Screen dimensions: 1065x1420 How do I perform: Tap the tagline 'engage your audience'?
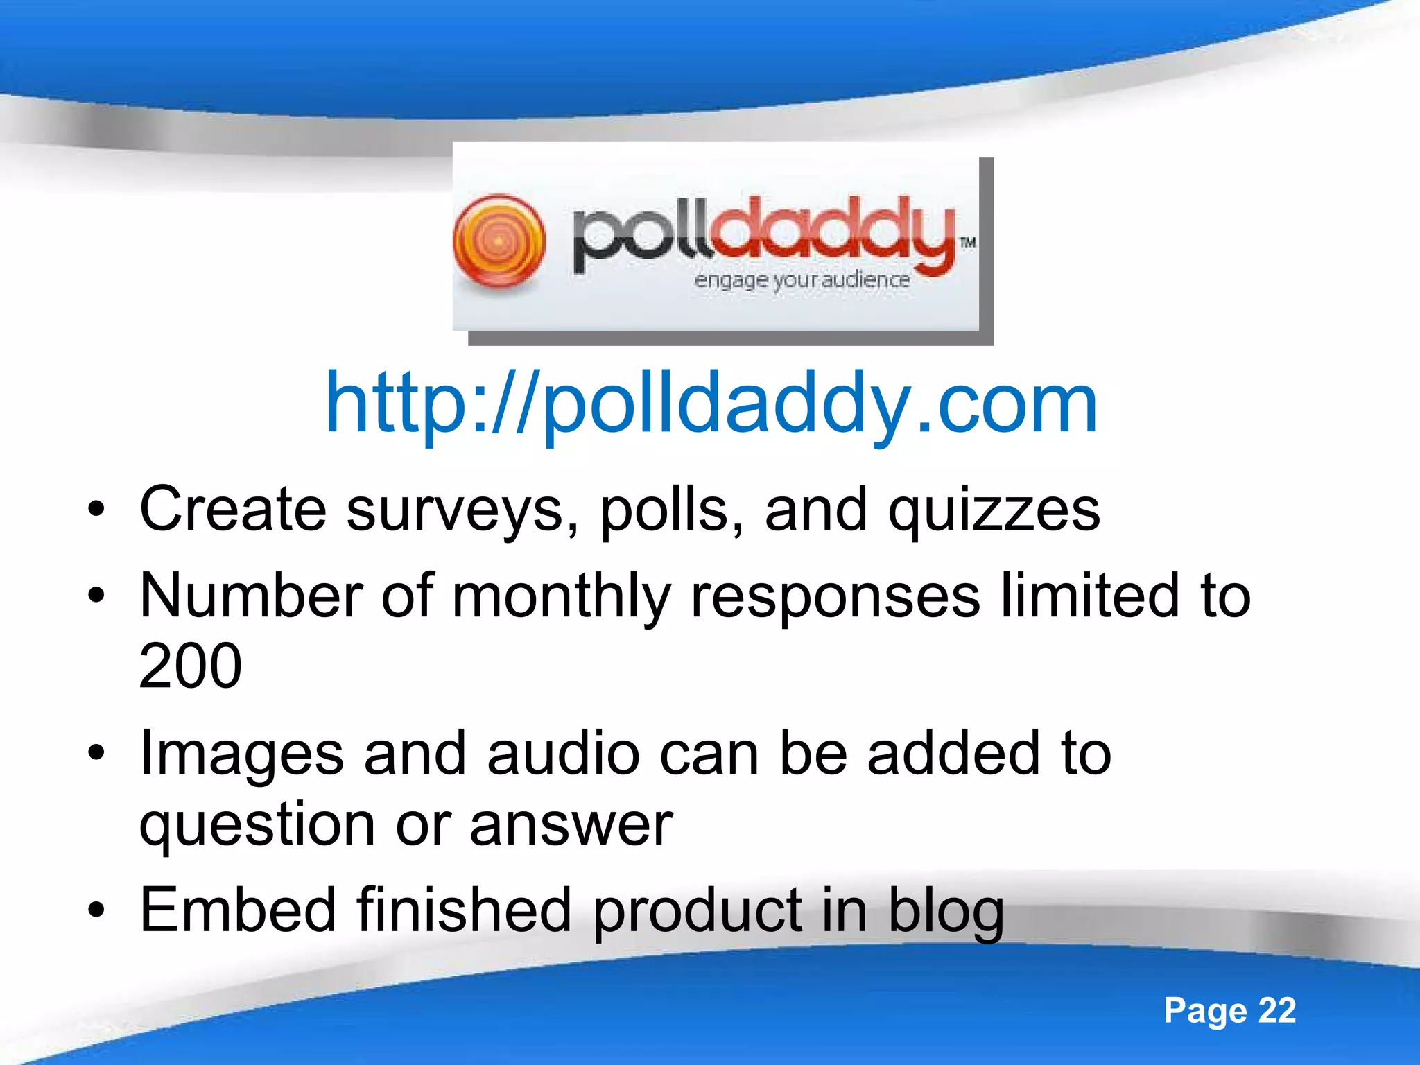point(802,279)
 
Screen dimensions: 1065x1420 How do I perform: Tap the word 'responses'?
point(835,598)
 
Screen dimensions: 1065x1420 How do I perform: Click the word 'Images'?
point(241,754)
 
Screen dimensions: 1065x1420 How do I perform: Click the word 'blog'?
point(946,912)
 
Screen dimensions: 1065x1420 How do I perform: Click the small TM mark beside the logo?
point(968,242)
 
